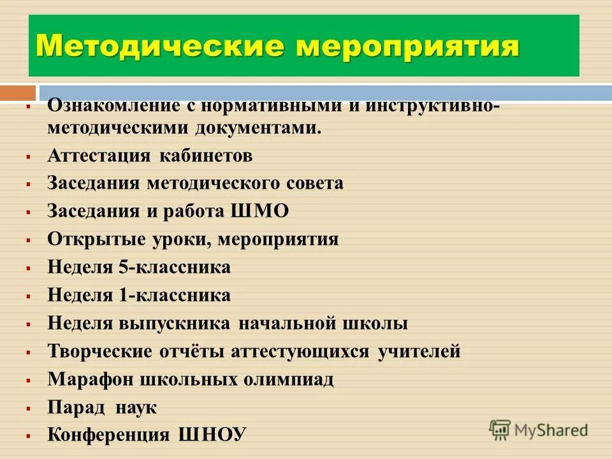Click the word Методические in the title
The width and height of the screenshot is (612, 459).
pos(150,47)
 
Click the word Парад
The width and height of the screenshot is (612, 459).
pos(73,408)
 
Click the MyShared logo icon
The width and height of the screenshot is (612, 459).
pos(500,430)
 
